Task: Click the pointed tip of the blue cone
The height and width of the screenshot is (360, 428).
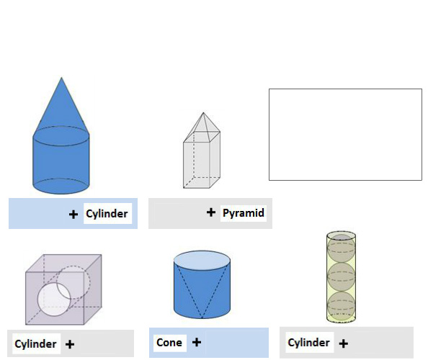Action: pos(61,78)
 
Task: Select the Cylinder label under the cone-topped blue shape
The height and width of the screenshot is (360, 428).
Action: pos(107,214)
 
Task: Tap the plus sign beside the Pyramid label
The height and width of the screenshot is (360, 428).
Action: pos(211,212)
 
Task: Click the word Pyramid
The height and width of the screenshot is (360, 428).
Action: pos(244,213)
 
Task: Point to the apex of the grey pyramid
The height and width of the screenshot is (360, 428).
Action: pos(203,113)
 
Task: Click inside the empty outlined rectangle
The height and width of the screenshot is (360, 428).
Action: pos(345,135)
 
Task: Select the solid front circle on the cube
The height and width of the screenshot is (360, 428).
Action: pos(54,300)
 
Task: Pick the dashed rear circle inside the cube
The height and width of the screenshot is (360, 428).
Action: pos(73,282)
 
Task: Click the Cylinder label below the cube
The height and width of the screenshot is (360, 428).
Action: pos(35,344)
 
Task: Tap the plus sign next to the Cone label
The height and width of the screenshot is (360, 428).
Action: pos(197,342)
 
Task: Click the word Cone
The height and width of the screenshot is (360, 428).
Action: pos(169,343)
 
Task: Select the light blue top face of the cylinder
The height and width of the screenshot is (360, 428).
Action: pos(202,261)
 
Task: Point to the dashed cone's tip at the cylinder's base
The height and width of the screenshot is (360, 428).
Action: pos(202,318)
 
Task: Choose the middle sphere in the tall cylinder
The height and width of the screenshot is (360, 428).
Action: pos(342,276)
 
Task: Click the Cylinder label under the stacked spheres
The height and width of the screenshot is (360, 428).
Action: pos(308,343)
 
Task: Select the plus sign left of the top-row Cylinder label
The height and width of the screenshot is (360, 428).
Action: pos(73,214)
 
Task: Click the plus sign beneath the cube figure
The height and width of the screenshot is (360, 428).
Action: pos(70,344)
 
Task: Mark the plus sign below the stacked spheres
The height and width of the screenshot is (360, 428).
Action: pos(344,343)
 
